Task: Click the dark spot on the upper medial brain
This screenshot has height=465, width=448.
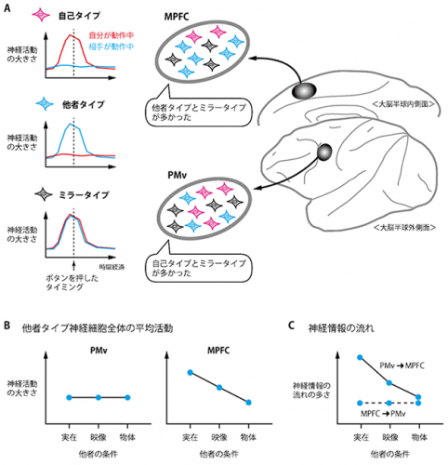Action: pyautogui.click(x=303, y=90)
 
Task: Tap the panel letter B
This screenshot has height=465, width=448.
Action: pyautogui.click(x=7, y=326)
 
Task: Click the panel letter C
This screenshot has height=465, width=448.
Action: pyautogui.click(x=295, y=326)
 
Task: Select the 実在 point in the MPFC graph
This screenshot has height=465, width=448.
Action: pyautogui.click(x=191, y=374)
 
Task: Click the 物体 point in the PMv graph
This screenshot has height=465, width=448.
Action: pyautogui.click(x=128, y=397)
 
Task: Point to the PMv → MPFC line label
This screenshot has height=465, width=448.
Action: pyautogui.click(x=402, y=369)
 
